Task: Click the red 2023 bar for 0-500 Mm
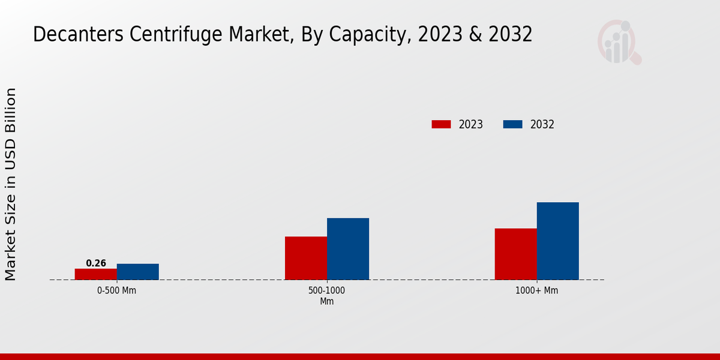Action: click(x=96, y=274)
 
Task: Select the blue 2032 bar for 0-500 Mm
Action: click(x=138, y=272)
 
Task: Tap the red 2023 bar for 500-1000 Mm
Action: click(x=306, y=258)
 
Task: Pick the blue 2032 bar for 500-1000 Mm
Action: click(x=348, y=249)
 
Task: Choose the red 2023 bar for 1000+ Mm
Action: click(x=516, y=254)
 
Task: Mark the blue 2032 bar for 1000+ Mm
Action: click(x=558, y=241)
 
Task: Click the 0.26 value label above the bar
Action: click(x=96, y=263)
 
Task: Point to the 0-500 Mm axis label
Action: click(x=117, y=290)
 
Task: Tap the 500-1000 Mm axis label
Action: click(x=327, y=296)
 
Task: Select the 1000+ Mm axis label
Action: click(x=537, y=290)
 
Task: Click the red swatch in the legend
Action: click(x=441, y=124)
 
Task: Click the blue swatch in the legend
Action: click(x=512, y=124)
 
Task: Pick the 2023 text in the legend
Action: click(x=471, y=125)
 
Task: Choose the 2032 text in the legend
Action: click(x=542, y=125)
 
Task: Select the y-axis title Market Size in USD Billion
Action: click(x=11, y=184)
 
